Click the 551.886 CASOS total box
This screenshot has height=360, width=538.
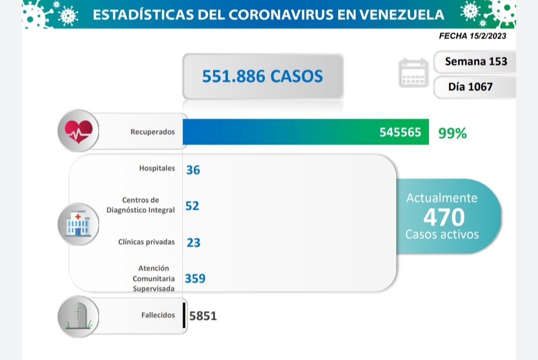pyautogui.click(x=263, y=76)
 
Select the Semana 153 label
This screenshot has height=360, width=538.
pyautogui.click(x=476, y=61)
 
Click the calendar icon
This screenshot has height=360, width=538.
pyautogui.click(x=413, y=74)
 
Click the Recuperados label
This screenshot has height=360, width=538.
pyautogui.click(x=152, y=132)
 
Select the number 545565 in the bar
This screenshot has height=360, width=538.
pyautogui.click(x=400, y=132)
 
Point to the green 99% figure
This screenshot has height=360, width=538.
pyautogui.click(x=452, y=133)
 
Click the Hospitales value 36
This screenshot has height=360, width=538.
pyautogui.click(x=193, y=170)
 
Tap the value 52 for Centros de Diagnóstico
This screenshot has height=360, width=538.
pyautogui.click(x=192, y=206)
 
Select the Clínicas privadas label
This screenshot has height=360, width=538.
pyautogui.click(x=146, y=242)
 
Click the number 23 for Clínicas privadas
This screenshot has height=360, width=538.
pyautogui.click(x=193, y=242)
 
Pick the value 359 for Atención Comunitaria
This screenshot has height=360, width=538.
pyautogui.click(x=195, y=278)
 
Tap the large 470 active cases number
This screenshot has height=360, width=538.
pyautogui.click(x=443, y=217)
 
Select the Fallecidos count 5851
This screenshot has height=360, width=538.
pyautogui.click(x=203, y=316)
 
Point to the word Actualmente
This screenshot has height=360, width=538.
pyautogui.click(x=442, y=198)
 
